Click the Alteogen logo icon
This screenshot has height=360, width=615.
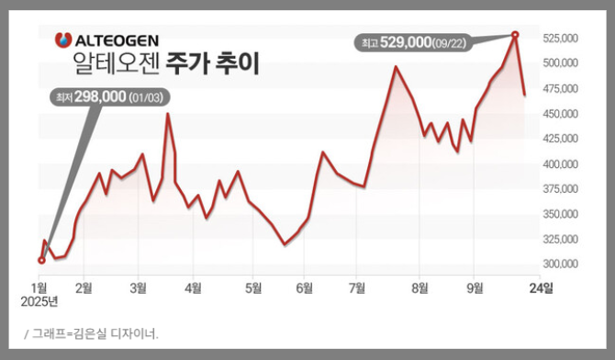pos(63,40)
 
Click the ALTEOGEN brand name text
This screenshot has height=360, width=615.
pos(116,40)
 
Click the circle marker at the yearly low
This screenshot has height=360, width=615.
pos(41,260)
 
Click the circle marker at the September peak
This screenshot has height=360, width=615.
pos(514,35)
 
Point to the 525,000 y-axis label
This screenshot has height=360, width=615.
pos(560,39)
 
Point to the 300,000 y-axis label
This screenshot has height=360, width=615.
pos(560,264)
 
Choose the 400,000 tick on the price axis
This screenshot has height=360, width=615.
pos(560,163)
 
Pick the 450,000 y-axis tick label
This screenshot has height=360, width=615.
pos(560,114)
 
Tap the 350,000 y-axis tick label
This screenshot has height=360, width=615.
pos(560,214)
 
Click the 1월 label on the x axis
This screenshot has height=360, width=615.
pos(41,287)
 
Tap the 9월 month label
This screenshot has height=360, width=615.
pos(475,287)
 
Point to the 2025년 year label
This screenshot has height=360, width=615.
pos(41,300)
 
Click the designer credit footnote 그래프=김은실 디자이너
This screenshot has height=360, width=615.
pos(95,333)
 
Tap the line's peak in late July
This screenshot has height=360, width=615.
pos(396,66)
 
